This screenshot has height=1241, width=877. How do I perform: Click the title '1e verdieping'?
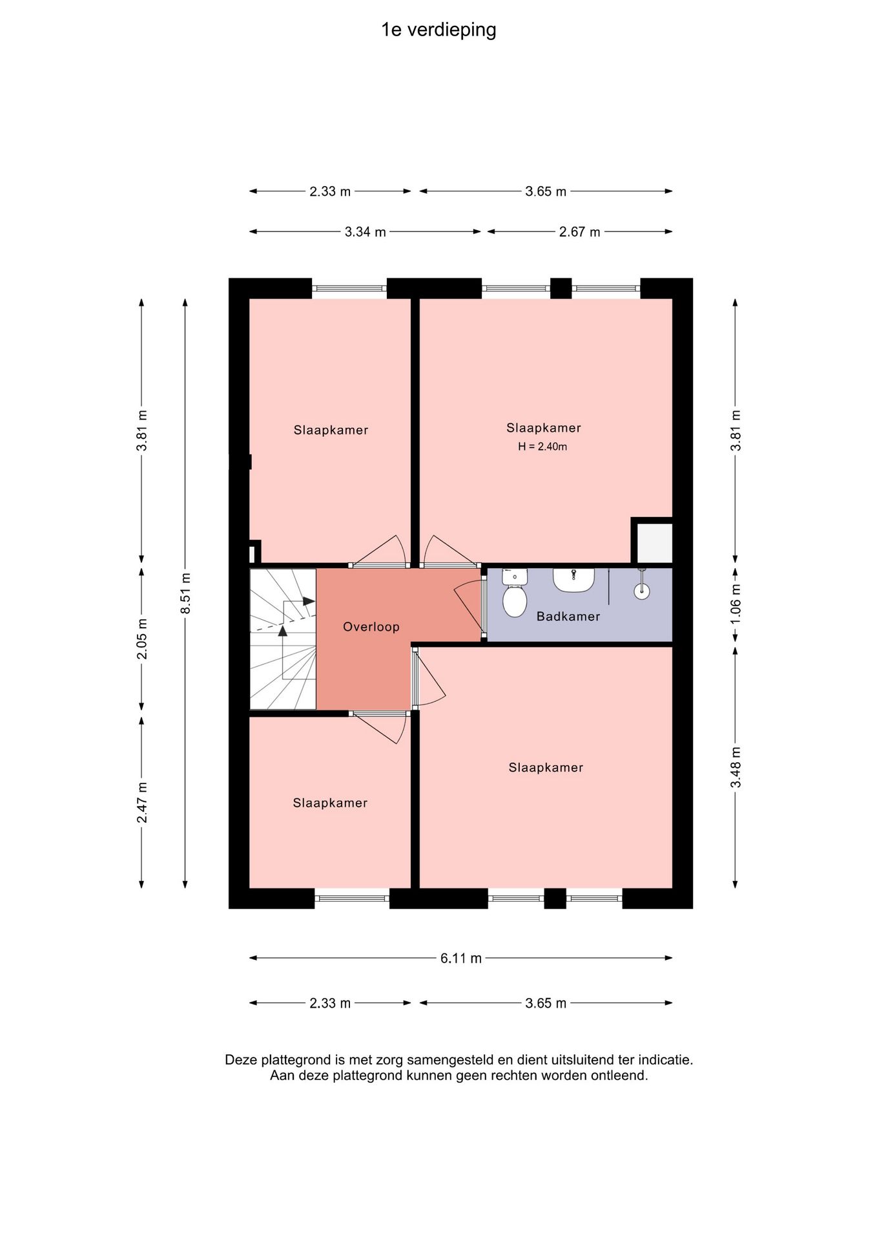pos(438,30)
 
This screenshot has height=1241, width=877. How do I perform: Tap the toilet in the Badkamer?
pos(515,592)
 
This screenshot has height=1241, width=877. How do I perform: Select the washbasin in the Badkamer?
pos(573,580)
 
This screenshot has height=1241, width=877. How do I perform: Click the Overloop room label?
pos(371,626)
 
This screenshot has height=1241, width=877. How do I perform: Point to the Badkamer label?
pos(568,617)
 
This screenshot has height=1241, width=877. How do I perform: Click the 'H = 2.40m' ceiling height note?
pos(542,447)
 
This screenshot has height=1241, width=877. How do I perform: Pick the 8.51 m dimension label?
pos(185,593)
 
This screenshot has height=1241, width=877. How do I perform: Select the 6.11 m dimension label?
pos(461,958)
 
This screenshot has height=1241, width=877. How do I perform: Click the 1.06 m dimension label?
pos(736,604)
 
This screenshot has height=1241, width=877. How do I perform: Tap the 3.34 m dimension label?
pos(366,231)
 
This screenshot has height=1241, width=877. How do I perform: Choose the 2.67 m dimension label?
pos(580,231)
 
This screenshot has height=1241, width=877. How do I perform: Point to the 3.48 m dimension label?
pos(736,767)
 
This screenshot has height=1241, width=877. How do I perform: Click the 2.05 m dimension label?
pos(142,639)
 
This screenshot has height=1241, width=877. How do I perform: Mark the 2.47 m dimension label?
pos(142,802)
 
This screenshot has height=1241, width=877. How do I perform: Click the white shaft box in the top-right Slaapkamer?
pos(654,542)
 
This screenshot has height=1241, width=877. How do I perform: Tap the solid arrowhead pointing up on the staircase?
pos(282,631)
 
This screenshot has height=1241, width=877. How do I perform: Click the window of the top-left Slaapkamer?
pos(349,288)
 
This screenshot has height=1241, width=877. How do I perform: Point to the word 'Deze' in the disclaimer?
pos(240,1060)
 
